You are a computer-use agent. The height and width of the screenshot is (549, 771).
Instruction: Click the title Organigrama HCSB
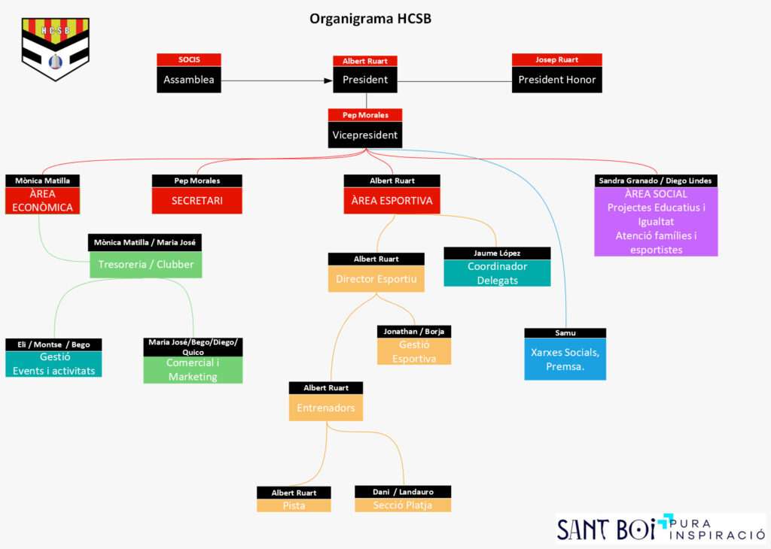pos(370,19)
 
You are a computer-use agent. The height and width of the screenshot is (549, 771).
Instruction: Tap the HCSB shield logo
pos(55,48)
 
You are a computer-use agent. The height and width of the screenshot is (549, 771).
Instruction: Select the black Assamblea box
pos(189,80)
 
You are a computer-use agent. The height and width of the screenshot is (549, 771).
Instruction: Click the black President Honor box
pos(557,80)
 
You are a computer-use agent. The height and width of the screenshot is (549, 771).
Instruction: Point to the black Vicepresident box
pos(365,135)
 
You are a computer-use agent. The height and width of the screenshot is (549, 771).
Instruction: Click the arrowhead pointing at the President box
pos(328,80)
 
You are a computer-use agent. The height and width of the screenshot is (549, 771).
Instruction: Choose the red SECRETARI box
pos(197,201)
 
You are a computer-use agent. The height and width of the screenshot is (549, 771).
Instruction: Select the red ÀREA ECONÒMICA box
pos(42,201)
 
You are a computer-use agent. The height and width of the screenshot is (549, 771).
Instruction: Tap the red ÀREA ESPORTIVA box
pos(392,201)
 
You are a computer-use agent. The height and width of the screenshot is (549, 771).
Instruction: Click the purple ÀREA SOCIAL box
pos(655,222)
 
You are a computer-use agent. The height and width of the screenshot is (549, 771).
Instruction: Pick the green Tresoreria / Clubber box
pos(145,264)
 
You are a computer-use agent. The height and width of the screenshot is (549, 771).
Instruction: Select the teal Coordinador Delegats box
pos(497,273)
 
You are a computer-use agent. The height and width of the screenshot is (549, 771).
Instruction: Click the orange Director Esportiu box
pos(376,279)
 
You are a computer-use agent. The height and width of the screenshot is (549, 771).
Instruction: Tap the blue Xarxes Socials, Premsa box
pos(565,359)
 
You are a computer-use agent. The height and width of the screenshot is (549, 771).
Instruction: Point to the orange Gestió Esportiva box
pos(413,351)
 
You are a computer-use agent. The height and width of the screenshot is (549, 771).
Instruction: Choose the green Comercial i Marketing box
pos(193,369)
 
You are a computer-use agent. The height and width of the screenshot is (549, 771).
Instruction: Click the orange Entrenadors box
pos(325,408)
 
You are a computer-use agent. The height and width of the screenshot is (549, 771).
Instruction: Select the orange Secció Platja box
pos(403,505)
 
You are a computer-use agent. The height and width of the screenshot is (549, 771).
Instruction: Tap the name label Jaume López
pos(497,253)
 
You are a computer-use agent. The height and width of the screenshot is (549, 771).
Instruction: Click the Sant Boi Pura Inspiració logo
pos(660,528)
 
